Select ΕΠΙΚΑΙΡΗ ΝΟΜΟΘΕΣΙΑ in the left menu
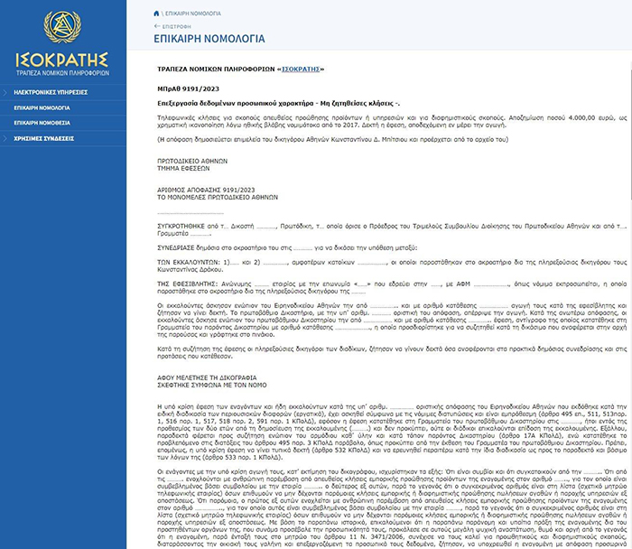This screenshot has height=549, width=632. coord(42,122)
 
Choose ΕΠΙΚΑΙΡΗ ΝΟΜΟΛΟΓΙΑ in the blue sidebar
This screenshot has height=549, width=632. coord(42,107)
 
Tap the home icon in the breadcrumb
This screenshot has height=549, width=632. coord(159,13)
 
